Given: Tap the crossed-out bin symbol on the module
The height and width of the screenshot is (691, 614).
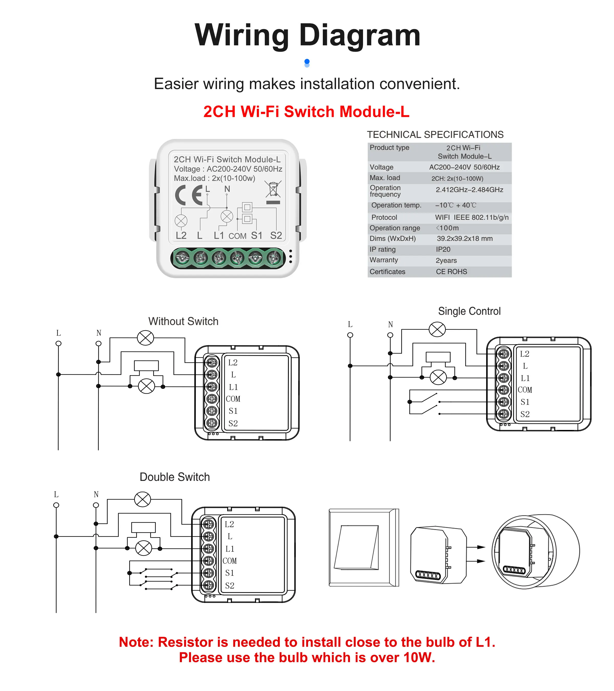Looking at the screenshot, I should tap(273, 189).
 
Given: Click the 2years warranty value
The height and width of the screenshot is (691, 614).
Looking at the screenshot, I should tap(446, 260).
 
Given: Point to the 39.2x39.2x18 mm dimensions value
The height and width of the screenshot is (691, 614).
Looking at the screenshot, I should tap(465, 239).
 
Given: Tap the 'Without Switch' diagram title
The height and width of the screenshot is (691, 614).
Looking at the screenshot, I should tap(183, 321).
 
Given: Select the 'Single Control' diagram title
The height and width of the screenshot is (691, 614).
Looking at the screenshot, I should tap(469, 311).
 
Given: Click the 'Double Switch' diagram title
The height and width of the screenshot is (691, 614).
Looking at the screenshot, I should tap(175, 477).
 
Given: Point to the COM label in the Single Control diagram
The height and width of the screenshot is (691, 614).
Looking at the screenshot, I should tap(524, 390).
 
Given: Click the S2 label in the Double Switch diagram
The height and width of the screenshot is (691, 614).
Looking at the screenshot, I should tap(229, 586).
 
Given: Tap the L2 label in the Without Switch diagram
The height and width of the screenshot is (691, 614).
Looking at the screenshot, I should tap(233, 363).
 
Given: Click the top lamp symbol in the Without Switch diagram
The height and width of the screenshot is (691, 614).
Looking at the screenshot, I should tap(145, 338).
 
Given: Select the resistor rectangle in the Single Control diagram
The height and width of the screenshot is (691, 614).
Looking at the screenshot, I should tap(438, 357).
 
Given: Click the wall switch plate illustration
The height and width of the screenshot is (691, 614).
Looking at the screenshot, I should tap(364, 547).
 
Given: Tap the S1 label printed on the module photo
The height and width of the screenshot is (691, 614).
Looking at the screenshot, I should tap(257, 236).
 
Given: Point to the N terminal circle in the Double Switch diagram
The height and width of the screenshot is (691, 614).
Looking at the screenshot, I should tap(96, 505).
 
